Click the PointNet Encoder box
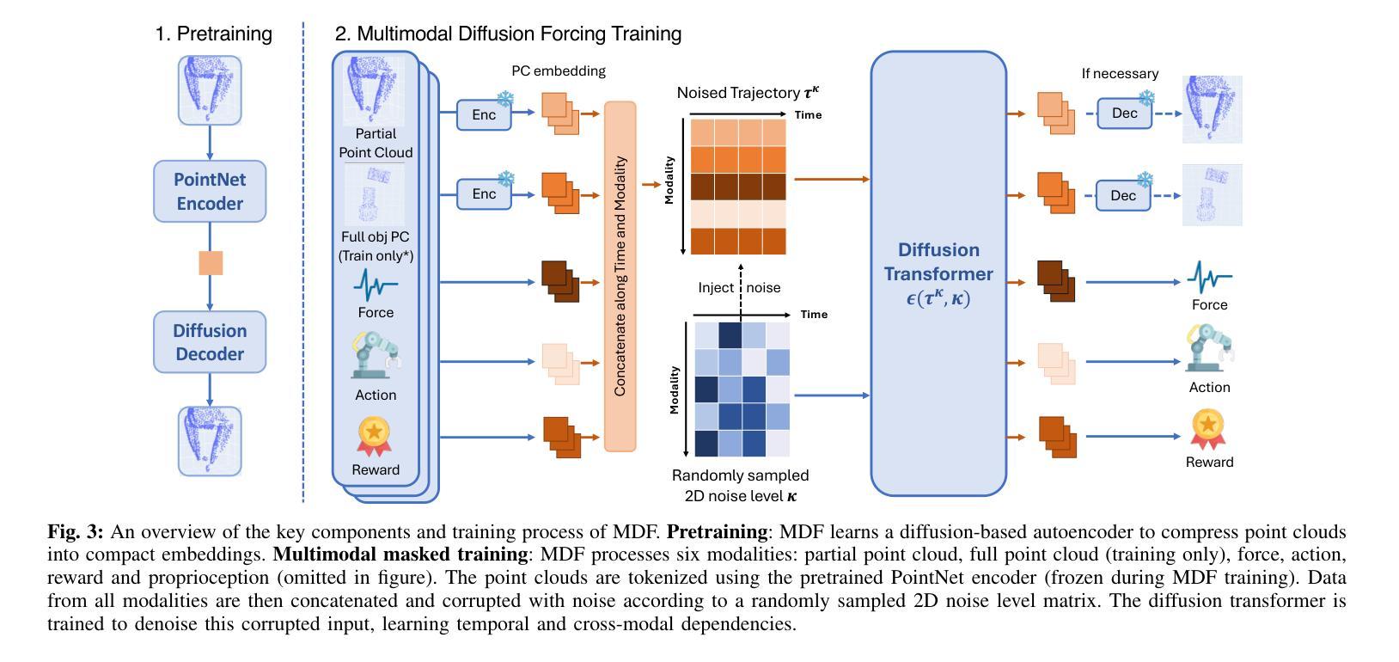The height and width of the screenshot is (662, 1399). (x=210, y=191)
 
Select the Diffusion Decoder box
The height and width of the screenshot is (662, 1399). (x=210, y=342)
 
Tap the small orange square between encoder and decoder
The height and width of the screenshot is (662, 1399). (x=211, y=263)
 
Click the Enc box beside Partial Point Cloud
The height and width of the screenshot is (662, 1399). (x=484, y=114)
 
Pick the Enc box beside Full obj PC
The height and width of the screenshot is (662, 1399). (x=484, y=193)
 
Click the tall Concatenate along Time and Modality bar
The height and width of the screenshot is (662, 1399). (x=620, y=276)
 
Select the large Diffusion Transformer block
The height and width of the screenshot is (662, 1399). (x=938, y=273)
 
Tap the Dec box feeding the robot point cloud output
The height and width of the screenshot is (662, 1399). (x=1124, y=113)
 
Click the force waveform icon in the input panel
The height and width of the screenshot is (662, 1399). (x=376, y=285)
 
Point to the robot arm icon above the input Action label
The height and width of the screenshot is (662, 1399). (x=376, y=354)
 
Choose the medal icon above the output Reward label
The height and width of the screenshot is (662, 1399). (x=1208, y=430)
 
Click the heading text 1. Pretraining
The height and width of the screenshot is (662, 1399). (x=214, y=34)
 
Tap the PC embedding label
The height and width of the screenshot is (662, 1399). (x=559, y=71)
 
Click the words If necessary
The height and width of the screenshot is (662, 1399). (x=1120, y=74)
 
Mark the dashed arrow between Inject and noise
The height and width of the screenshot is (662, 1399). (x=741, y=292)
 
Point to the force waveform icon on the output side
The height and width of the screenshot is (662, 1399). (x=1210, y=277)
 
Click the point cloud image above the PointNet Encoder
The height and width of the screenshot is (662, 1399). (x=210, y=90)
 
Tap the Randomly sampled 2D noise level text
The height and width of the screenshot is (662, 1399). (x=740, y=486)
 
